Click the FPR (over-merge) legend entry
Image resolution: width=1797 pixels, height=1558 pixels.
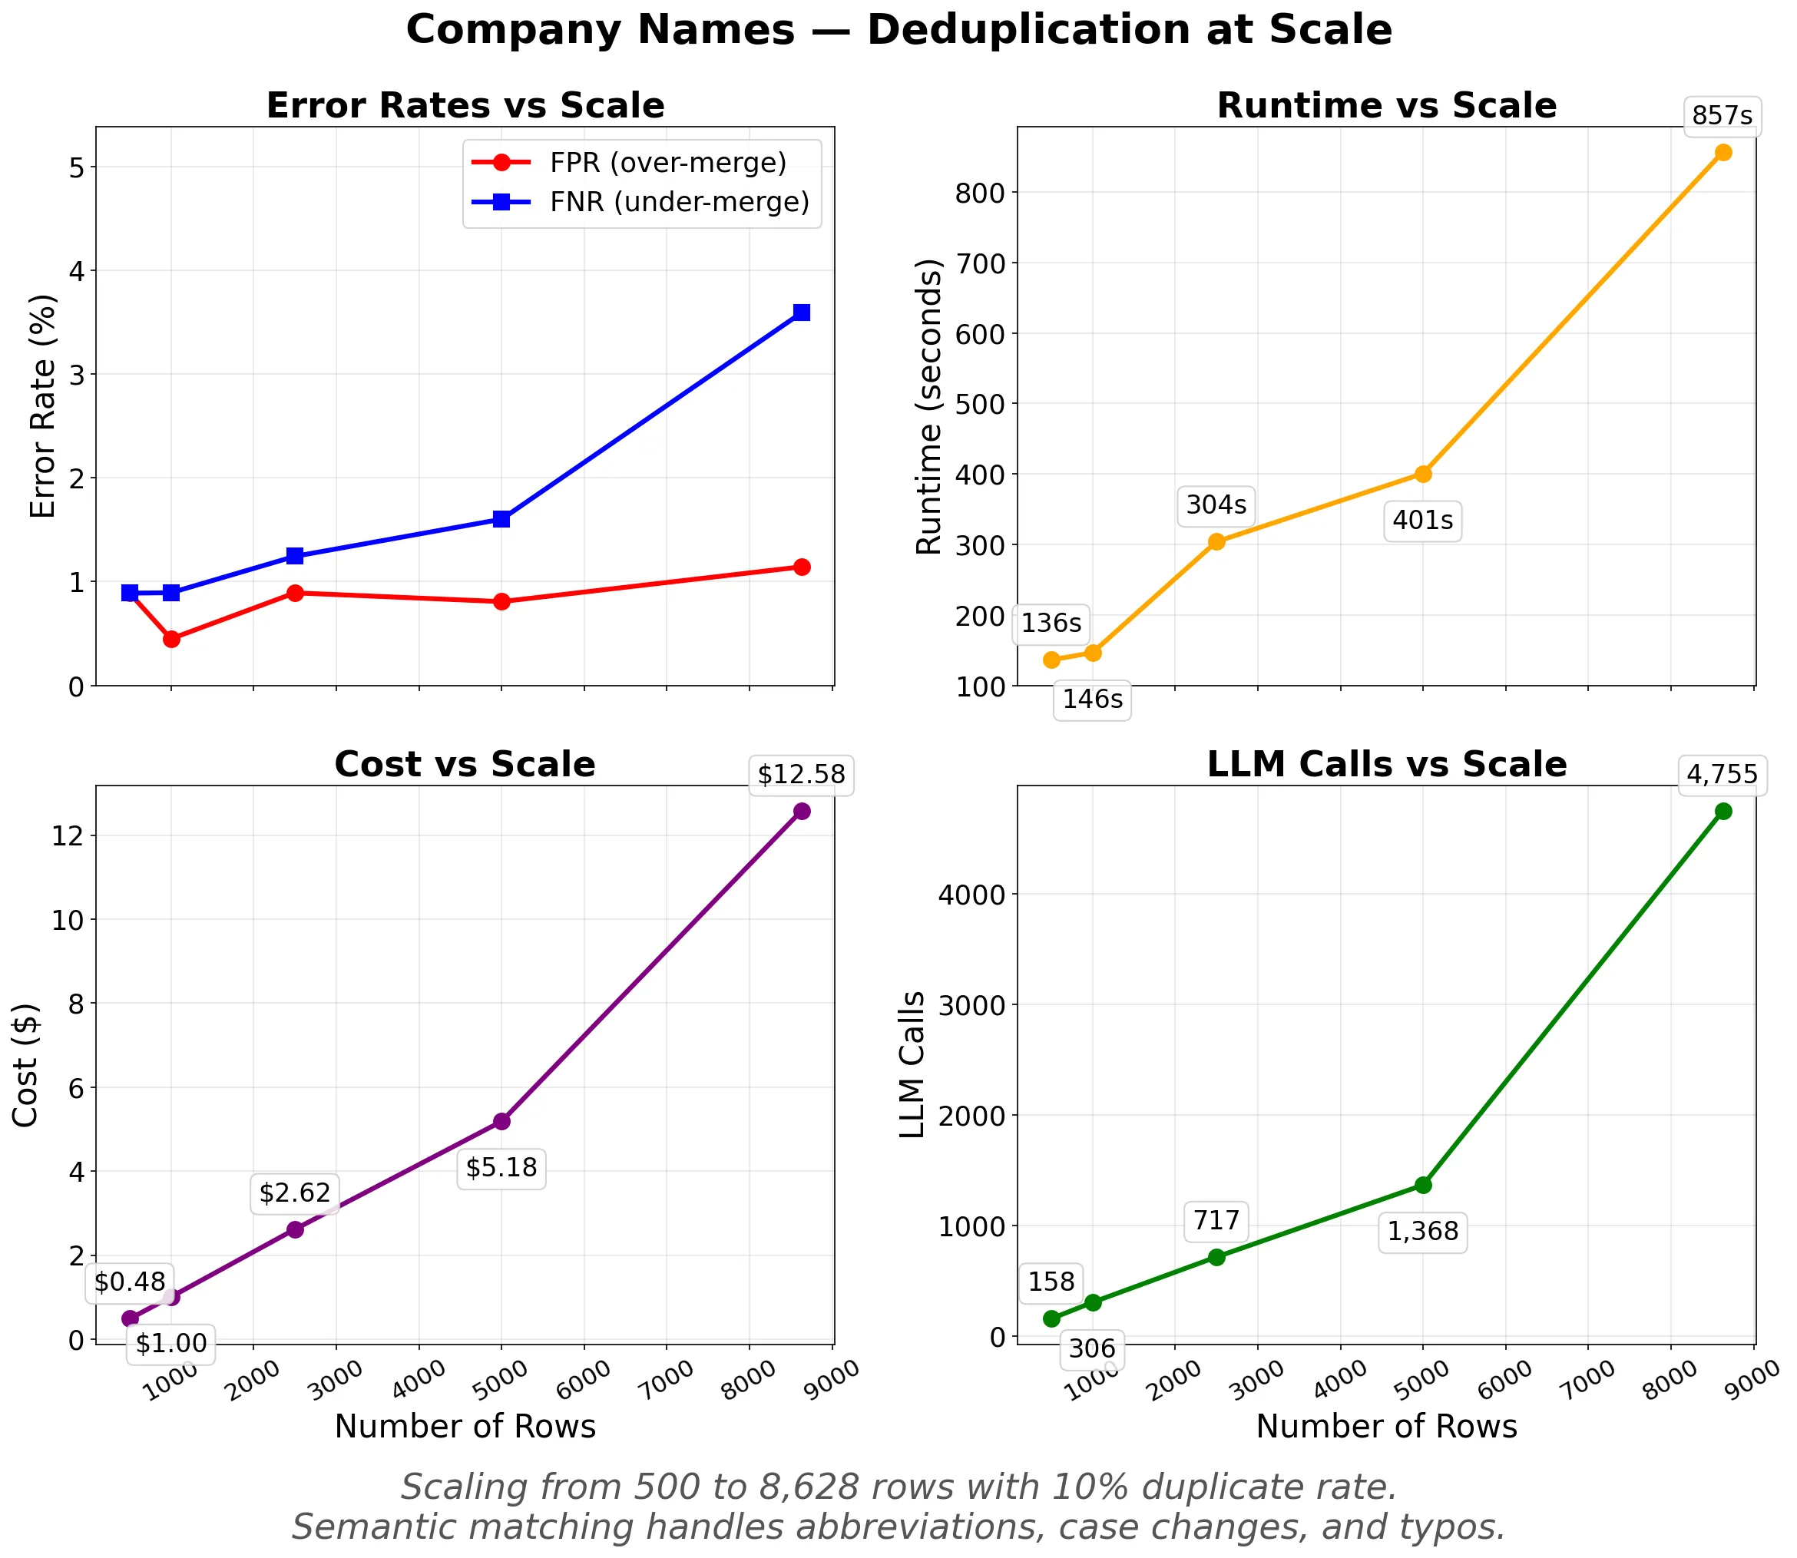[x=667, y=163]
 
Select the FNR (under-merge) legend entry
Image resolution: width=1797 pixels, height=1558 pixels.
[x=679, y=202]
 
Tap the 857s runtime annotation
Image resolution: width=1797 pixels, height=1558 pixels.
[x=1723, y=116]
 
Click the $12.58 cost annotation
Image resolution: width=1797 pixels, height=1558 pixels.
[x=801, y=774]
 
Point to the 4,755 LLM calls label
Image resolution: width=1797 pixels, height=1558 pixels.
[x=1723, y=774]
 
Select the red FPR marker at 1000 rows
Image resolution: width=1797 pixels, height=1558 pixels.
[x=171, y=639]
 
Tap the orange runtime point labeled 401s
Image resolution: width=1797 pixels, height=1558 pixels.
[x=1423, y=474]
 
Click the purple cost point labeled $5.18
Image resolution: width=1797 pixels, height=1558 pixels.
[x=501, y=1122]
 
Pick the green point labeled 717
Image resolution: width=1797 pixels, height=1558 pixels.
[x=1216, y=1257]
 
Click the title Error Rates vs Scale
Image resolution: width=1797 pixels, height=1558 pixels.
[x=465, y=106]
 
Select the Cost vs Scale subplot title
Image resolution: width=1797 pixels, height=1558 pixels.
[x=465, y=765]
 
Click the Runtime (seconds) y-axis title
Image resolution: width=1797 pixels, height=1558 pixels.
[x=929, y=406]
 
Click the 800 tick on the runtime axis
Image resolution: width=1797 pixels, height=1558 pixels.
[x=981, y=192]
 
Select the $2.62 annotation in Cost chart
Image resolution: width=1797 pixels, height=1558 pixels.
[x=295, y=1192]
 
